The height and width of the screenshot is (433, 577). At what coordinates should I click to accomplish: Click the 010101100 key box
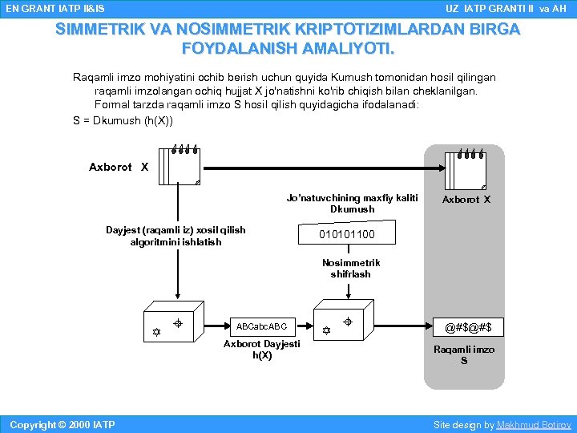(x=346, y=234)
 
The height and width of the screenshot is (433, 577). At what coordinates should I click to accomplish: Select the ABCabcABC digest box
(x=261, y=326)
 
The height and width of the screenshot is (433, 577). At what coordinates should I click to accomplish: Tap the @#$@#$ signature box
(x=463, y=326)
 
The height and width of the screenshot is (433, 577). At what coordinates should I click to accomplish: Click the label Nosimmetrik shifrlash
(x=351, y=269)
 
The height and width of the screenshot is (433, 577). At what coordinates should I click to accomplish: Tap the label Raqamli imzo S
(x=463, y=355)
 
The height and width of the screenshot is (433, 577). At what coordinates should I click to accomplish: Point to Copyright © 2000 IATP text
(x=61, y=425)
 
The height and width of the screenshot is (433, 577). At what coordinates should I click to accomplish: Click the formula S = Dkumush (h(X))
(x=122, y=120)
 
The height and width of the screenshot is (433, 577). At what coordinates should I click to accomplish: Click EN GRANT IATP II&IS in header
(x=54, y=8)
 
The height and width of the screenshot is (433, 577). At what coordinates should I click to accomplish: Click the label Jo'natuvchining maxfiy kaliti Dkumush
(x=352, y=204)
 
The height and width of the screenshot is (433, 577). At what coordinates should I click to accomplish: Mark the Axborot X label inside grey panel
(x=466, y=200)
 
